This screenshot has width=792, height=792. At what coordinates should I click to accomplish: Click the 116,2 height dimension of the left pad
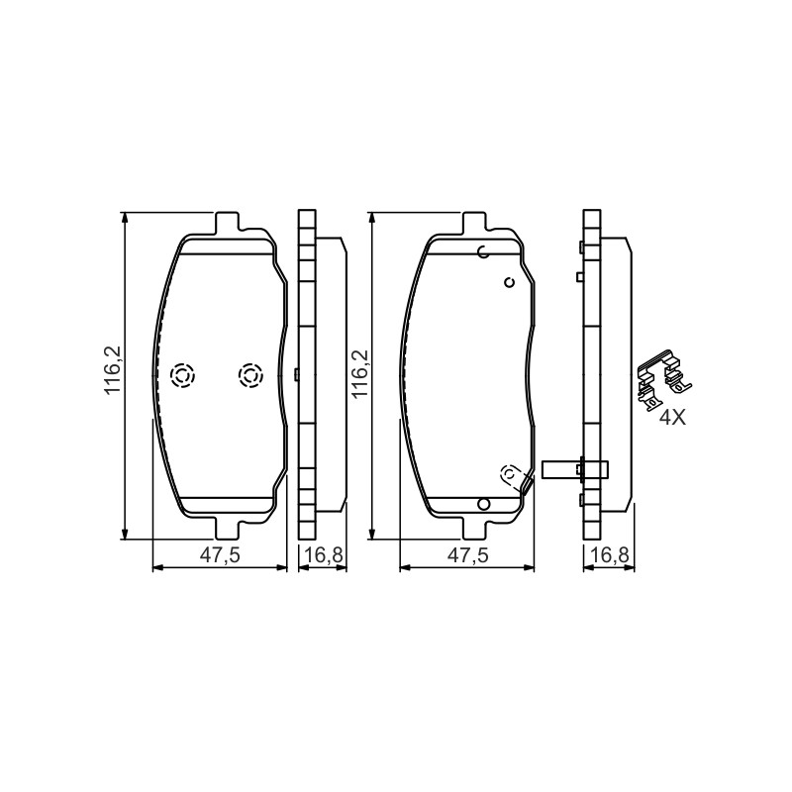(x=113, y=370)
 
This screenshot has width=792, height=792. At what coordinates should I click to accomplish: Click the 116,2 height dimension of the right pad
(x=360, y=374)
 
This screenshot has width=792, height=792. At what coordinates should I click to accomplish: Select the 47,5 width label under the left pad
(x=220, y=555)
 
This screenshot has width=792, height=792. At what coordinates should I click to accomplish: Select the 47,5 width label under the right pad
(x=468, y=555)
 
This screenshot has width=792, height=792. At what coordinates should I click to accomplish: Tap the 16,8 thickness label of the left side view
(x=324, y=555)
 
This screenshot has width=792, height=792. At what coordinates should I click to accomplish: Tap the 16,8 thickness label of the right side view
(x=610, y=555)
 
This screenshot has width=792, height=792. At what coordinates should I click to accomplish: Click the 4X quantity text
(x=673, y=417)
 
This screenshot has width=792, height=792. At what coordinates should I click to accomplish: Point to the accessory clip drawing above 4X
(x=663, y=378)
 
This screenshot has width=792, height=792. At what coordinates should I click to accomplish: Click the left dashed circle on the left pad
(x=183, y=375)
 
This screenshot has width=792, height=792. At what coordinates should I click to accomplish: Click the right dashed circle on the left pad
(x=250, y=375)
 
